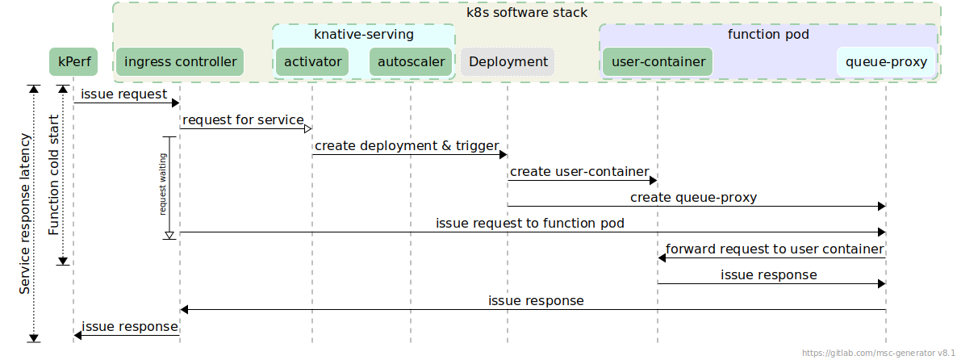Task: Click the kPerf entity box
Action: pos(73,62)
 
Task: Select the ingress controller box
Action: pos(179,62)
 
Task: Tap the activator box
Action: pos(312,62)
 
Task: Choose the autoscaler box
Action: pos(411,62)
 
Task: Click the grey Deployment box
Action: pos(508,62)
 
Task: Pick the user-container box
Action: pos(658,62)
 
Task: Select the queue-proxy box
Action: pos(886,62)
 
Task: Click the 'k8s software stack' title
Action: pos(527,13)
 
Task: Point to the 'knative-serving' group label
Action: pos(363,35)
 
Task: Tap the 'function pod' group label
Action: pos(768,35)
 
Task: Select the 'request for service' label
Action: pos(243,120)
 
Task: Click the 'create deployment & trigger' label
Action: pos(407,146)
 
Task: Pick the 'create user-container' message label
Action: pos(579,172)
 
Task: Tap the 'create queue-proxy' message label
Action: pos(693,198)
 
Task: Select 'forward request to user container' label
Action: pos(774,249)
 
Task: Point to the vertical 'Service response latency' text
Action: pos(25,213)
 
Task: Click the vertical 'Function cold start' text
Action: pos(53,174)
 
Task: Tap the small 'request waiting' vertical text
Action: pos(163,185)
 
